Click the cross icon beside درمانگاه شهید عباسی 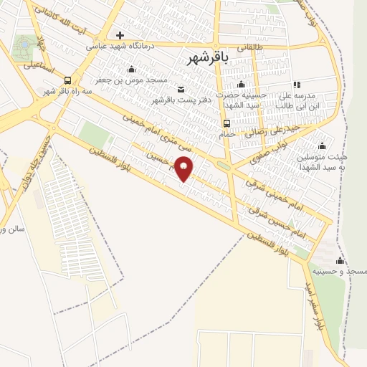click(x=120, y=35)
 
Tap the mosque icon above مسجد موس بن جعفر click(x=131, y=70)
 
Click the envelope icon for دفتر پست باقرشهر click(x=180, y=89)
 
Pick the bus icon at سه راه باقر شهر click(x=67, y=80)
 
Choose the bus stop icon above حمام click(x=226, y=123)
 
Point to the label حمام click(x=226, y=134)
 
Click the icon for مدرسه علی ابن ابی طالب click(x=297, y=85)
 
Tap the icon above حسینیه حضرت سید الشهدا click(x=241, y=85)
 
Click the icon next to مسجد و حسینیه click(x=340, y=260)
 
